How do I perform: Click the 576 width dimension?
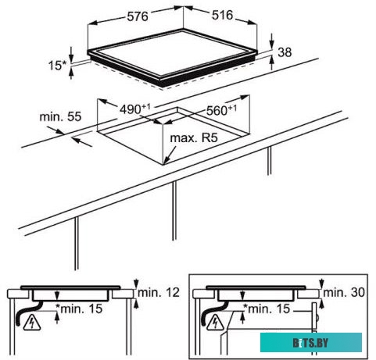point(138,16)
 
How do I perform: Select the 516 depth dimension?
point(222,15)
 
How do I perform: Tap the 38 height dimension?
point(285,52)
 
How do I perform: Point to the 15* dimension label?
point(58,65)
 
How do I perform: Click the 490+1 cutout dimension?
point(135,109)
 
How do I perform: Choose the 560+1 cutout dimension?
point(222,110)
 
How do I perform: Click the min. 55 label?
point(60,116)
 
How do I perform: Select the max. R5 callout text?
point(194,137)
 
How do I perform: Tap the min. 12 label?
point(159,293)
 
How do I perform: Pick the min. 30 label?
point(344,293)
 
